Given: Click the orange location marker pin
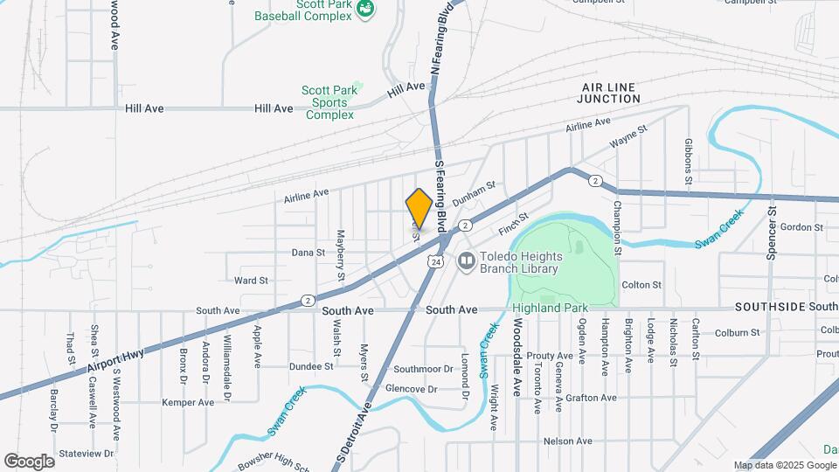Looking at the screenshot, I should [419, 208].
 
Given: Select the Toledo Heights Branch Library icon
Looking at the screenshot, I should [468, 260].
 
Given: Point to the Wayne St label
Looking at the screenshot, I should [628, 136].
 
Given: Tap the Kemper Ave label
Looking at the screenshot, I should [188, 403].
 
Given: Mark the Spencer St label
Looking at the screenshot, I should [772, 233].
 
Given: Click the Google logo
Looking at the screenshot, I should [29, 461].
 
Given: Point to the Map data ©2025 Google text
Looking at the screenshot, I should [785, 466].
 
